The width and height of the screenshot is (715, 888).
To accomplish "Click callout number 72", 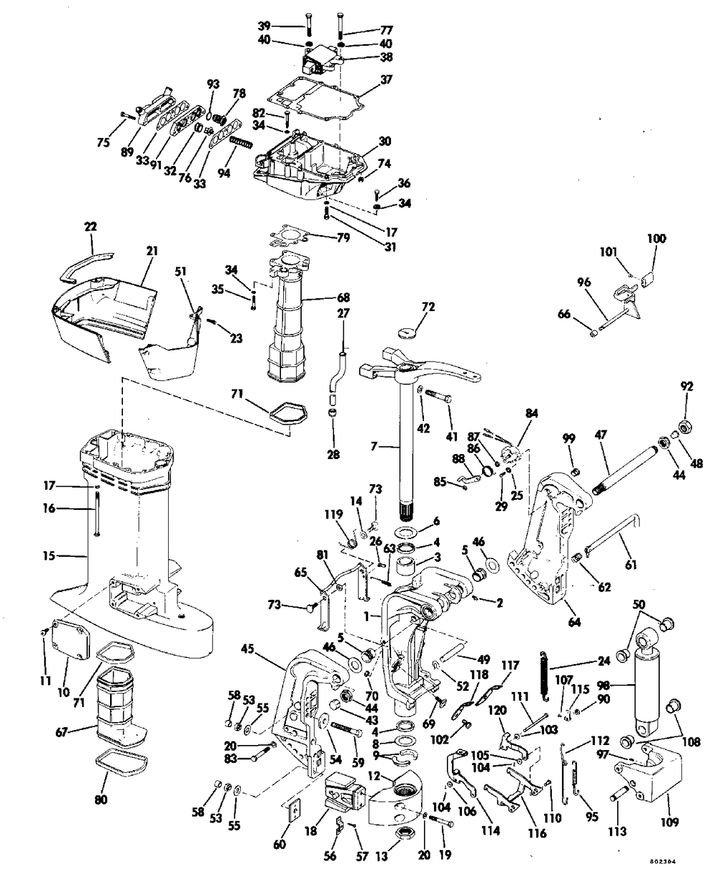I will [x=428, y=307].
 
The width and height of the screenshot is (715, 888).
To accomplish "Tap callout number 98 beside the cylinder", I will [x=606, y=686].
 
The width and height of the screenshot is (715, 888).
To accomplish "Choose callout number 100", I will [x=656, y=239].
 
